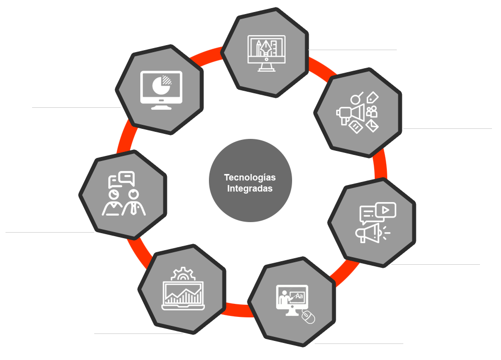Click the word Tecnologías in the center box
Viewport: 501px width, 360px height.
click(x=249, y=177)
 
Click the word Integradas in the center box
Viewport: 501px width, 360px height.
click(x=249, y=189)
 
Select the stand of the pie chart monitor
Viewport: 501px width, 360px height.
click(x=160, y=106)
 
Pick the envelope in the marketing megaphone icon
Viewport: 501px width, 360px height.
click(x=372, y=125)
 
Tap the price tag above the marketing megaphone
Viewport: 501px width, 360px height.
click(x=373, y=97)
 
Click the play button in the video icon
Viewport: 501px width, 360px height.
click(x=385, y=210)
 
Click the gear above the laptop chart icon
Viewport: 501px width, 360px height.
click(x=182, y=274)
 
